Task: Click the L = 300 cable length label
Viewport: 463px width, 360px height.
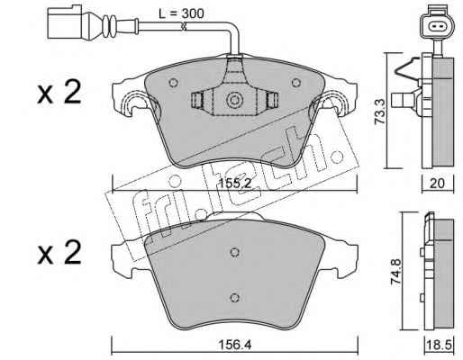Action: [x=181, y=13]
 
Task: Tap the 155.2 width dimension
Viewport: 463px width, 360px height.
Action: [x=234, y=183]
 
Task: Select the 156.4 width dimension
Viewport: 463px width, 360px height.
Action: [x=234, y=345]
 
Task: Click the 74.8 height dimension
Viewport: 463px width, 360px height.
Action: [x=395, y=273]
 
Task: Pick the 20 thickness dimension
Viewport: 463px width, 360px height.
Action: [x=437, y=183]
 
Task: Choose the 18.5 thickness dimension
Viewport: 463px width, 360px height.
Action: [x=440, y=345]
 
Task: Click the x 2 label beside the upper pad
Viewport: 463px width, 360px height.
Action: [x=59, y=92]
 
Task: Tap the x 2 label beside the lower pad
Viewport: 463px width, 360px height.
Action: [x=59, y=253]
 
